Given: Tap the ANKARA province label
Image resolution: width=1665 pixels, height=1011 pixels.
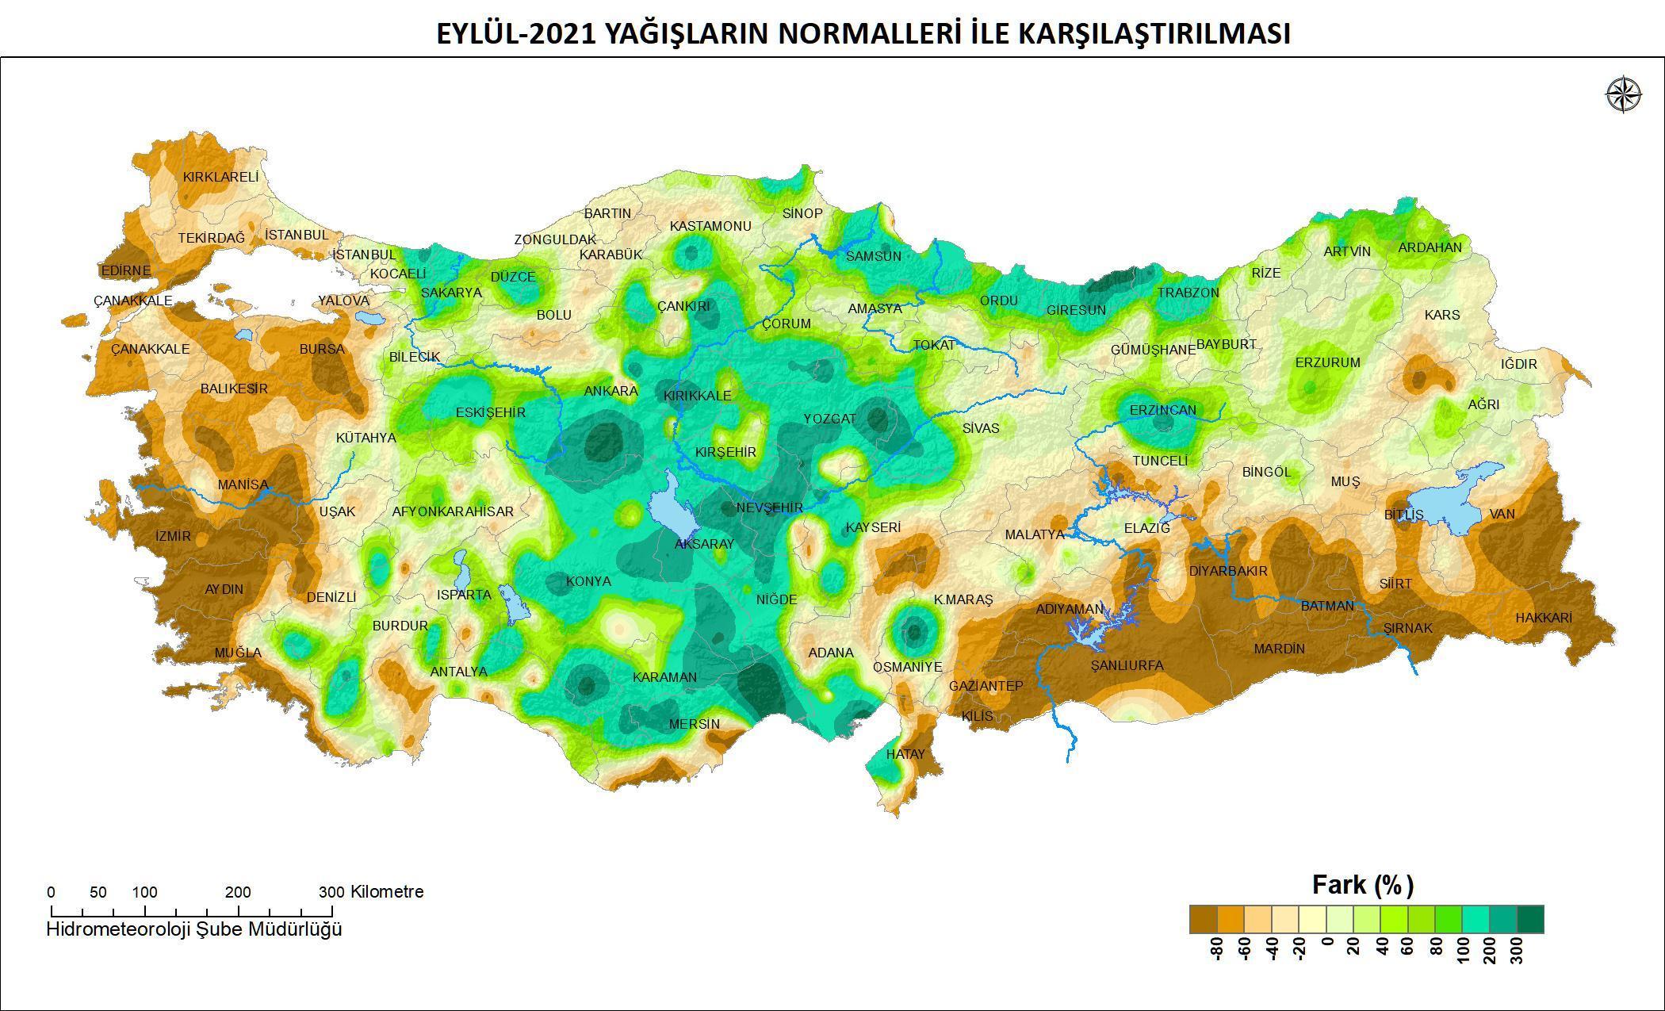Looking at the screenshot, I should click(x=610, y=391).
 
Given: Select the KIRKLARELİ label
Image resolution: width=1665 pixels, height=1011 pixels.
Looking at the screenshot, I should click(x=220, y=177).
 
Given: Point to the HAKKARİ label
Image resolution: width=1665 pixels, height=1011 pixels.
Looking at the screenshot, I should click(x=1543, y=618).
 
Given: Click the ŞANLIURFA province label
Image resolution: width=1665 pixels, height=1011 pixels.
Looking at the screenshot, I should click(x=1127, y=665).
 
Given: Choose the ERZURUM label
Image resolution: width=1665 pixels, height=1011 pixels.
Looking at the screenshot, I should click(x=1327, y=362).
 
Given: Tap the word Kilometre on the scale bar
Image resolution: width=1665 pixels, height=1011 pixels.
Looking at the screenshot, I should click(x=387, y=891).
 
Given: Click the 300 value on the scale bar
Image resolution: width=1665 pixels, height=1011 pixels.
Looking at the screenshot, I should click(x=331, y=891).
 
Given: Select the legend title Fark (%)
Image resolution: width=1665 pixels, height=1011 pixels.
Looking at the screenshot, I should click(x=1362, y=884).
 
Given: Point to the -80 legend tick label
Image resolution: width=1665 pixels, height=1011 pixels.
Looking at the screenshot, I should click(x=1218, y=948).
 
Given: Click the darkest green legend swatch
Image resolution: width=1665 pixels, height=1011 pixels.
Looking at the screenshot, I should click(x=1530, y=920).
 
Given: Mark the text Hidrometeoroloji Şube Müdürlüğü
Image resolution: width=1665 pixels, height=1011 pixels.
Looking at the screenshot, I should click(x=194, y=929).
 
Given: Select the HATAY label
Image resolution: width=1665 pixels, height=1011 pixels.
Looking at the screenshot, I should click(x=905, y=754).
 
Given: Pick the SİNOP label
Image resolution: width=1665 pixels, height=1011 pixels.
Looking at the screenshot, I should click(x=802, y=213).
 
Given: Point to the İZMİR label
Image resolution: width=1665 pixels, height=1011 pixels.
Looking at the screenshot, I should click(x=173, y=536).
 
